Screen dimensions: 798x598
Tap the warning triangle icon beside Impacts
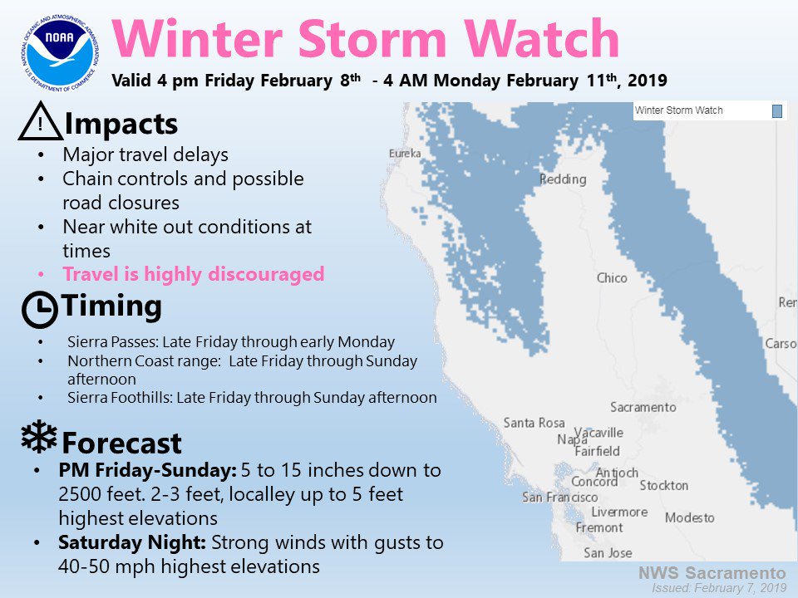tap(40, 121)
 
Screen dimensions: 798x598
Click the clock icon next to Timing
tap(40, 309)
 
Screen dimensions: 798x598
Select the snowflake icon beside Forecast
tap(39, 436)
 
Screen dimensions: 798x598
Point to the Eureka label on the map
tap(405, 153)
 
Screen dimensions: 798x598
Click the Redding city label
tap(563, 179)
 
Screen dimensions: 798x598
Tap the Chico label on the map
tap(612, 277)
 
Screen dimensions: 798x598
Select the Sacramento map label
tap(643, 407)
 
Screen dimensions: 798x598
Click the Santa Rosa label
tap(534, 423)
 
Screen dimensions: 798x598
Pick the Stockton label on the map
tap(663, 485)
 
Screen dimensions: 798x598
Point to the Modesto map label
tap(690, 517)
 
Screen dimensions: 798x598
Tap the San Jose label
tap(608, 553)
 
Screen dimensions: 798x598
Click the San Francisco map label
tap(559, 497)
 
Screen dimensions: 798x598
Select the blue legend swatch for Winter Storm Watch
tap(776, 110)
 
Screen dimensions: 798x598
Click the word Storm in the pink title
tap(372, 39)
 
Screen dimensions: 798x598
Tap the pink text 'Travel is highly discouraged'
tap(194, 273)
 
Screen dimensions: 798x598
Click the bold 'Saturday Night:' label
tap(132, 542)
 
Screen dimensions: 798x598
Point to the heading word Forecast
tap(121, 443)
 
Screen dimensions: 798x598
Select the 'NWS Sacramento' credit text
tap(712, 572)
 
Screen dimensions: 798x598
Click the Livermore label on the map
tap(619, 512)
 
